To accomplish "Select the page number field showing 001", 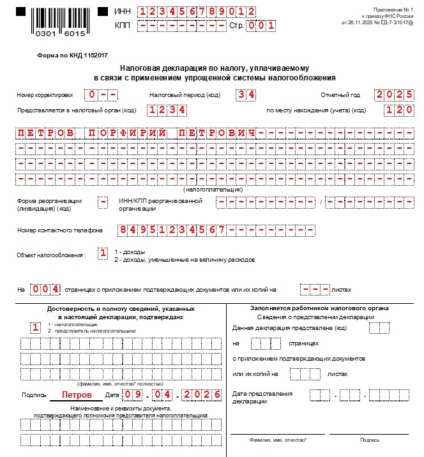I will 261,26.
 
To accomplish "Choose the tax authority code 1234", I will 167,110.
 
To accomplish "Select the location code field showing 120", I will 399,110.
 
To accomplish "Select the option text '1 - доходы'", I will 130,252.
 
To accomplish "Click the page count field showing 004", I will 47,289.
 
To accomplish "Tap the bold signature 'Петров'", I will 77,395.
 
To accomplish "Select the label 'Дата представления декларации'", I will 262,397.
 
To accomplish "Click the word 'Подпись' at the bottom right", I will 369,440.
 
